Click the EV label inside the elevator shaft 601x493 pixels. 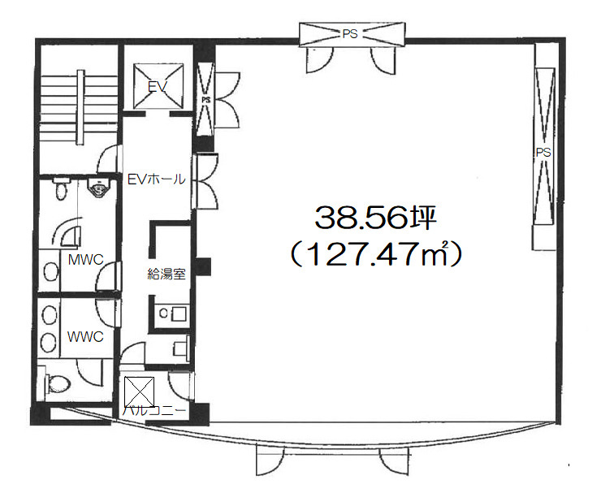coord(158,87)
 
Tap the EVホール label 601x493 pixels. coord(157,179)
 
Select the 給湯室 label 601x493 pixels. coord(166,274)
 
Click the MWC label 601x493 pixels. coord(85,260)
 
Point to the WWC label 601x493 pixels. coord(85,336)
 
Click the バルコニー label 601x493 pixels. coord(154,411)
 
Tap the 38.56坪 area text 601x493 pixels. coord(375,218)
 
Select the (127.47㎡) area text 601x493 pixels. coord(375,253)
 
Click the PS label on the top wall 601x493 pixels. coord(350,34)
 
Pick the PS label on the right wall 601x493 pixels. coord(543,153)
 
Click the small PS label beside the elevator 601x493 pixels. coord(206,100)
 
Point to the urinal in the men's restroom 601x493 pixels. coord(99,187)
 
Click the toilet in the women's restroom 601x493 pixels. coord(58,382)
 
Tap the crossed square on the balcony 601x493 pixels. coord(139,391)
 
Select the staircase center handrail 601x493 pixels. coord(80,107)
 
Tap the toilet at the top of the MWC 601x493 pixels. coord(60,189)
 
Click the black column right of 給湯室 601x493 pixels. coord(202,266)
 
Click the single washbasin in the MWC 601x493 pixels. coord(50,271)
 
